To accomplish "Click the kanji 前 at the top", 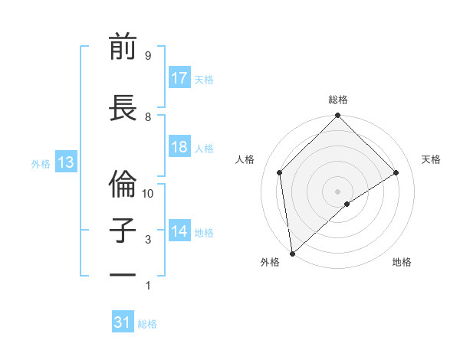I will click(x=123, y=47).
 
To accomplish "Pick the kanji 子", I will click(x=123, y=231).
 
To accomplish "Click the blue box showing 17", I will click(x=179, y=78).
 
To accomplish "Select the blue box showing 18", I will click(x=179, y=148).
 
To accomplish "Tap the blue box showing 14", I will click(x=179, y=232).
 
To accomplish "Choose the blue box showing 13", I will click(x=65, y=162).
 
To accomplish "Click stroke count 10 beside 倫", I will click(x=149, y=194).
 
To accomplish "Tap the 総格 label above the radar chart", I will click(x=338, y=100).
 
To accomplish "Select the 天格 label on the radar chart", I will click(x=431, y=159).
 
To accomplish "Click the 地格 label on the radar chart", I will click(x=402, y=263).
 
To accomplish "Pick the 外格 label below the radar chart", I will click(x=270, y=263).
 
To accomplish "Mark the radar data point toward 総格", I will click(x=338, y=117).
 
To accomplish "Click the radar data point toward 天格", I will click(x=396, y=172).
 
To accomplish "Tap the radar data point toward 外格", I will click(x=292, y=253).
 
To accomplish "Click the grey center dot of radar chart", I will click(x=338, y=191).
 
